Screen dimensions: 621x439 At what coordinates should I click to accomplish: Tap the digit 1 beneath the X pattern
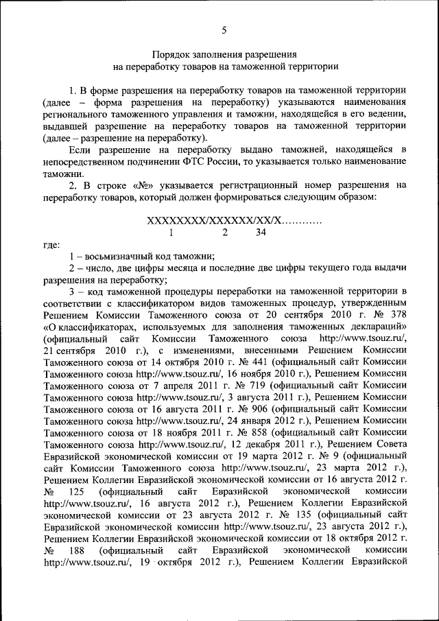pyautogui.click(x=181, y=233)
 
